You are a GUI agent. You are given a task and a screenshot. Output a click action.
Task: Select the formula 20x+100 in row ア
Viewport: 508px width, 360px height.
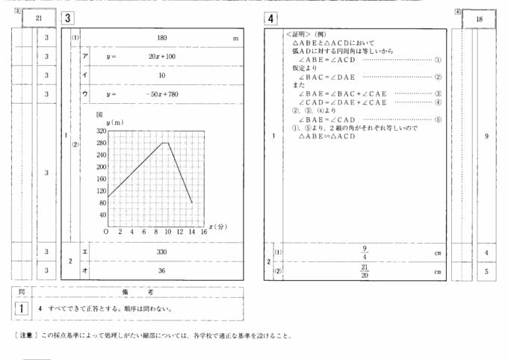[161, 57]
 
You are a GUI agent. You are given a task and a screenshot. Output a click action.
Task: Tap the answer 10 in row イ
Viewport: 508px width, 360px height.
[161, 75]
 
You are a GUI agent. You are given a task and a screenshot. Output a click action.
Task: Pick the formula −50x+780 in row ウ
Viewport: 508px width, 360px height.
[161, 94]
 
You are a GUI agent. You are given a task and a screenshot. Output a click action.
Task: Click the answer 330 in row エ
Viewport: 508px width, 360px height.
[161, 252]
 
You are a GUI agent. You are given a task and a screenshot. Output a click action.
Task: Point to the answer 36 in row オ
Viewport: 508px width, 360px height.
[161, 270]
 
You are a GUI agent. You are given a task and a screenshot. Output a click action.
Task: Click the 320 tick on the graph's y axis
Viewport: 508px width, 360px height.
[101, 131]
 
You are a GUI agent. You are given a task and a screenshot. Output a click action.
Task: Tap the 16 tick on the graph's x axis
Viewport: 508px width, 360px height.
[204, 232]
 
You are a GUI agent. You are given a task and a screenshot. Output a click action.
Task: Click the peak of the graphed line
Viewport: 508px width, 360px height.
[165, 143]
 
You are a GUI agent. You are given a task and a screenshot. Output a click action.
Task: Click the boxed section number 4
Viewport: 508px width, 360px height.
[270, 18]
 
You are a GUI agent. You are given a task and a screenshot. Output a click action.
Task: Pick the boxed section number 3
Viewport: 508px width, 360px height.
[67, 18]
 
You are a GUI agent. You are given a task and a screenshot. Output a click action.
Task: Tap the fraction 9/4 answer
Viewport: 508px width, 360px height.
[365, 252]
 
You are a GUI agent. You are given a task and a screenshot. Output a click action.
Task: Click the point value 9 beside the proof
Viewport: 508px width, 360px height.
[486, 136]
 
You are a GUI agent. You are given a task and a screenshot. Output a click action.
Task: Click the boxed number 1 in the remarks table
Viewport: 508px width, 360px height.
[23, 308]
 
